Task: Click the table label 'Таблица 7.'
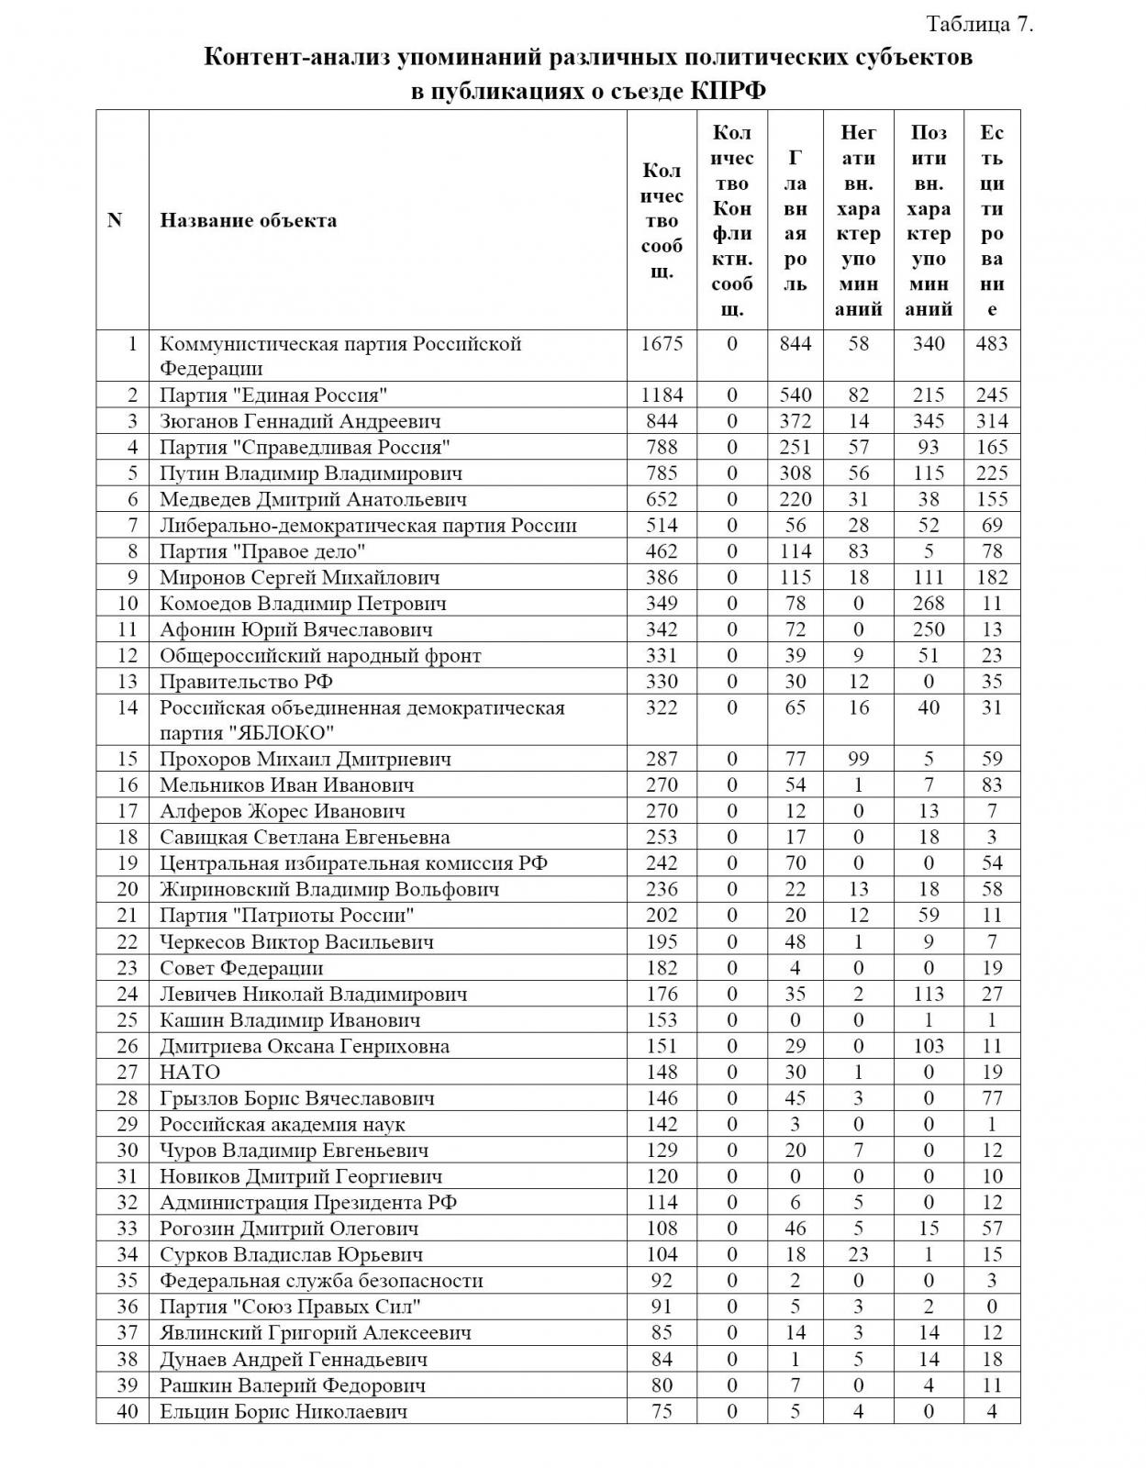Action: pos(981,25)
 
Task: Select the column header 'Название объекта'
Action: pos(249,220)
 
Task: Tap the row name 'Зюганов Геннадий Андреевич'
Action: pos(300,421)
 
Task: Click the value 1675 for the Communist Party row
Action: pos(662,343)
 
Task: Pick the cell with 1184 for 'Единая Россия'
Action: pos(662,395)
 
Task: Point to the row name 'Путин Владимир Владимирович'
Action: pos(311,473)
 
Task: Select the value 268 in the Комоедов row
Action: pos(929,604)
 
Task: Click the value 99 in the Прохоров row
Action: pos(858,759)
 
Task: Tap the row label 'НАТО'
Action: pos(190,1072)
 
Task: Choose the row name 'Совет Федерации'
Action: pos(241,968)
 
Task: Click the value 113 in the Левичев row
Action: pos(929,994)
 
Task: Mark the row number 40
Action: pos(128,1411)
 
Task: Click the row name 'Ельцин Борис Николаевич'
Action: pos(284,1411)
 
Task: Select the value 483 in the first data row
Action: pos(991,343)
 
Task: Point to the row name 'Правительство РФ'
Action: pos(246,682)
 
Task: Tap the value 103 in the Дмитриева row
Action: pos(929,1046)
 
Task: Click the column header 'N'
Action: pos(115,220)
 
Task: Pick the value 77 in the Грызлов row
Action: pos(991,1098)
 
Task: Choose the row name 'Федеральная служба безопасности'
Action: pos(321,1281)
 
